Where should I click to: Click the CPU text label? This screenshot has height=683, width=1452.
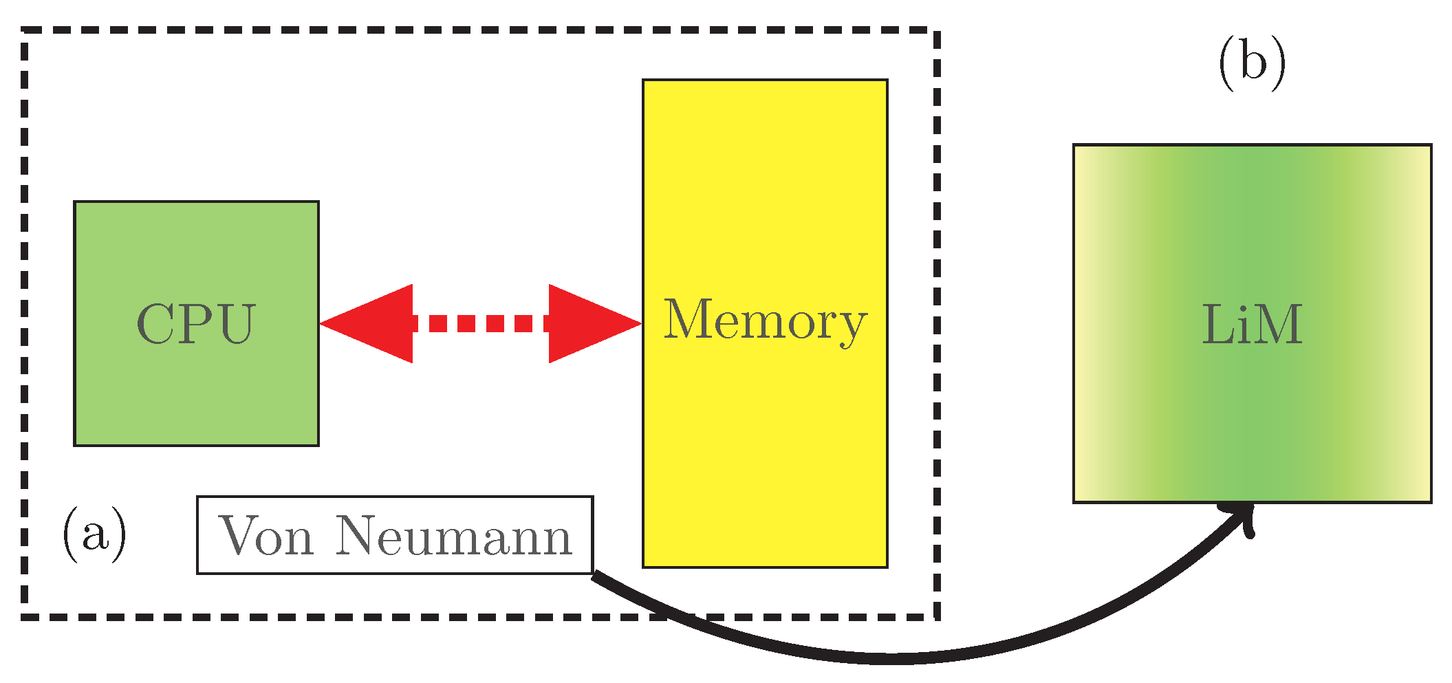click(196, 323)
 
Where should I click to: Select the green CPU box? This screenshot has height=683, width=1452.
click(196, 399)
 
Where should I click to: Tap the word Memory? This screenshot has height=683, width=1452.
click(764, 321)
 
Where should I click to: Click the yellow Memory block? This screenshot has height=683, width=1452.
click(764, 447)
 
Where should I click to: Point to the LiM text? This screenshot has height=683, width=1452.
click(1252, 324)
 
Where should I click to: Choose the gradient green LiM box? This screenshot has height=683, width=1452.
click(1252, 426)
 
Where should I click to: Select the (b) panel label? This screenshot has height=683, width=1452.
click(1252, 63)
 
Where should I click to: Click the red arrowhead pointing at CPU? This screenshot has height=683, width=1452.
click(371, 323)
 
